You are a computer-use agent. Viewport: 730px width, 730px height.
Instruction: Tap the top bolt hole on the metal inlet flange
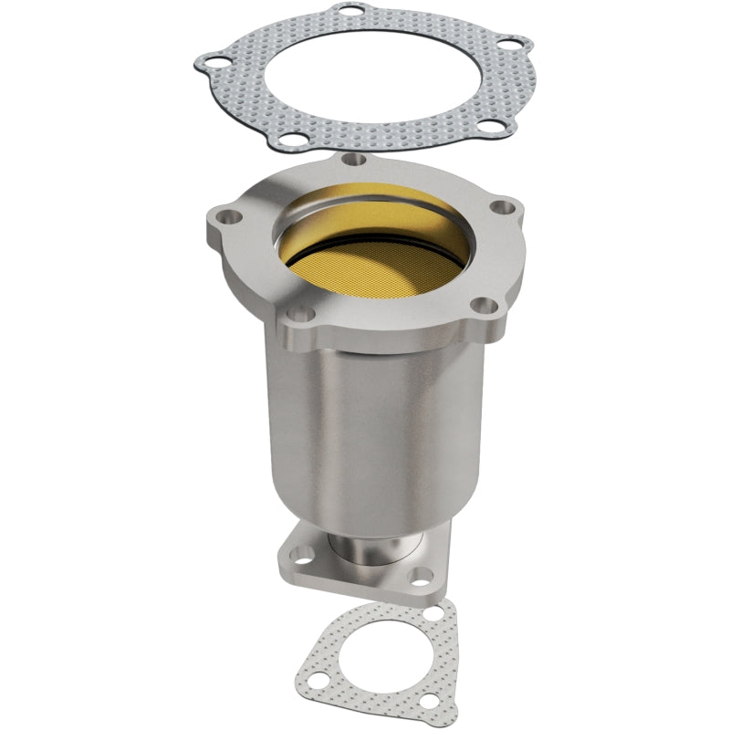pyautogui.click(x=357, y=161)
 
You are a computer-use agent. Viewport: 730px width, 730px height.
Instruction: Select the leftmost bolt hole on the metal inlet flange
pyautogui.click(x=224, y=217)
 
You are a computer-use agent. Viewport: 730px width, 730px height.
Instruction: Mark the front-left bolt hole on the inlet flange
pyautogui.click(x=305, y=315)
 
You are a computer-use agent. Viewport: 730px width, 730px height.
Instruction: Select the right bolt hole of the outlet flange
pyautogui.click(x=421, y=576)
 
